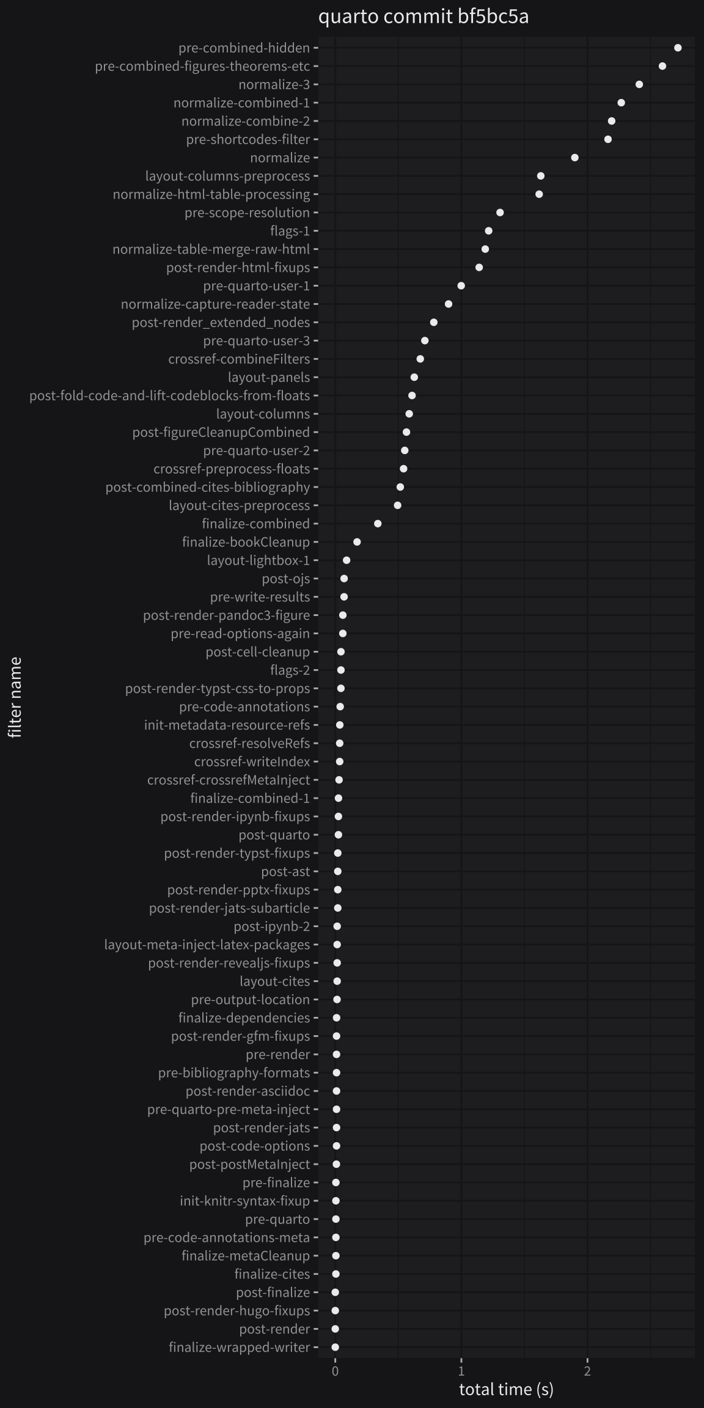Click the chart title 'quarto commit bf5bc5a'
pos(423,16)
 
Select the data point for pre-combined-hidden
pos(678,48)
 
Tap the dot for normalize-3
pos(639,84)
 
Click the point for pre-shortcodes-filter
pos(608,139)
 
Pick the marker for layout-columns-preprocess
pos(541,176)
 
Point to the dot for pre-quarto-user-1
pos(461,286)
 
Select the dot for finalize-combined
pos(378,524)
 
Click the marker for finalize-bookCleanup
pos(357,542)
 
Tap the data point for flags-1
pos(489,231)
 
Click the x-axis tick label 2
pos(587,1371)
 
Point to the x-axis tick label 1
pos(461,1371)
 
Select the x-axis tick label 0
pos(335,1371)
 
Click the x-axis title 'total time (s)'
pos(506,1389)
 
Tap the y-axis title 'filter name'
pos(15,697)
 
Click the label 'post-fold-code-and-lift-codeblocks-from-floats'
pos(169,396)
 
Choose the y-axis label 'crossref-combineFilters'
pos(239,359)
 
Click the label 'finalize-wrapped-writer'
pos(239,1347)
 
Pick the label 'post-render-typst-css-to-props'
pos(218,689)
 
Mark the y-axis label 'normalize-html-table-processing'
pos(211,194)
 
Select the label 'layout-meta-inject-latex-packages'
pos(207,945)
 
